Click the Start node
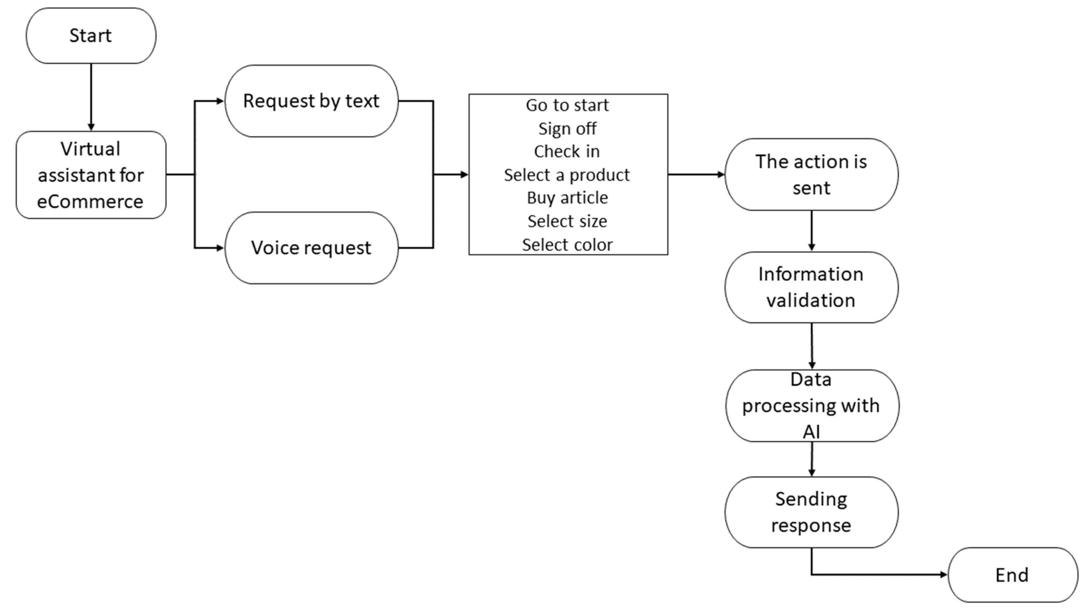pos(91,36)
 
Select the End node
pos(1012,575)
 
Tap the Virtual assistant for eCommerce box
pos(91,175)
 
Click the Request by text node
pos(311,101)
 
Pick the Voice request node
pos(311,248)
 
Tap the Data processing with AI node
pos(811,406)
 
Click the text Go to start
pos(567,105)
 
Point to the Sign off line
pos(567,129)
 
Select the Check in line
pos(567,151)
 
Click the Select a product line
pos(567,175)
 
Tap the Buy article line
pos(567,198)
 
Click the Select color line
pos(567,245)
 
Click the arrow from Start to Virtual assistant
pos(91,97)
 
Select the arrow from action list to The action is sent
pos(696,174)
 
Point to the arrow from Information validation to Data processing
pos(811,346)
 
